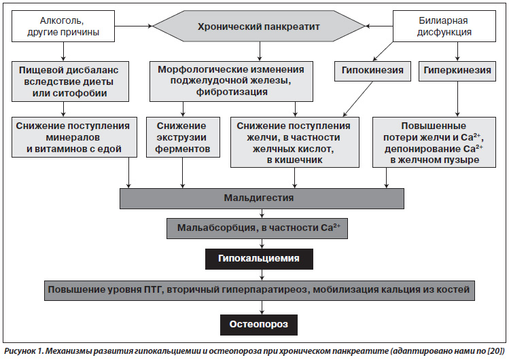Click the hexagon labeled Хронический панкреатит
tap(259, 26)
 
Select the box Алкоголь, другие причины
tap(63, 26)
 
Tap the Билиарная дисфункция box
tap(444, 26)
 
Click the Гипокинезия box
tap(372, 71)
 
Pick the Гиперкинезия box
tap(457, 71)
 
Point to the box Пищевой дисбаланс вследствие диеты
tap(70, 82)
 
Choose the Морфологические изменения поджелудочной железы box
tap(231, 81)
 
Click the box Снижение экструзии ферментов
tap(183, 137)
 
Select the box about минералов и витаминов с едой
tap(74, 137)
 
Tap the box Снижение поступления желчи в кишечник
tap(295, 143)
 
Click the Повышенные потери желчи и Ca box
tap(434, 143)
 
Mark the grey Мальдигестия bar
tap(262, 198)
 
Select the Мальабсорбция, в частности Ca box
tap(257, 228)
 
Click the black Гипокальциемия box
tap(259, 259)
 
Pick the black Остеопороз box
tap(259, 325)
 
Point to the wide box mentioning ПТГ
tap(260, 290)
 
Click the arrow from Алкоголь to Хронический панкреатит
tap(134, 26)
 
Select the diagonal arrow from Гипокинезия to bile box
tap(358, 98)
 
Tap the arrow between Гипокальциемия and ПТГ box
tap(262, 274)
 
